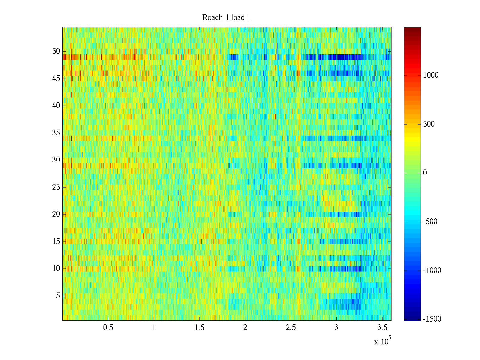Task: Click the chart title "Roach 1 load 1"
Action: (226, 18)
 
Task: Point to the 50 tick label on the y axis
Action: (56, 51)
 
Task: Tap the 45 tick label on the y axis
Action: (56, 79)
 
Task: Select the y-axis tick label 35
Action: (56, 133)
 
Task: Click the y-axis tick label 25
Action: (56, 187)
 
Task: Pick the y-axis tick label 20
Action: (56, 214)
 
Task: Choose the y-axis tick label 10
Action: (56, 268)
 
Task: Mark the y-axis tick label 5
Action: (58, 296)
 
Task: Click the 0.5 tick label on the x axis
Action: (108, 328)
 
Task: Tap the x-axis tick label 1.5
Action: (199, 328)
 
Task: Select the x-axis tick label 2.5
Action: (291, 328)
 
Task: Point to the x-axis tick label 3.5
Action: (382, 328)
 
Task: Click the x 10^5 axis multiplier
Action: (382, 341)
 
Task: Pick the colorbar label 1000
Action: (431, 75)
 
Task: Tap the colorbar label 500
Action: (429, 124)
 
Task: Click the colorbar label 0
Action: (425, 173)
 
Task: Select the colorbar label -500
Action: (430, 222)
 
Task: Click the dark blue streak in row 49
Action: (345, 57)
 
